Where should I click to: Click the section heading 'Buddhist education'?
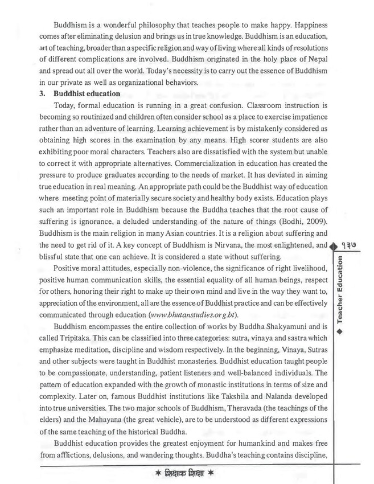coord(86,93)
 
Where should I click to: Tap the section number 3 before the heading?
coord(42,93)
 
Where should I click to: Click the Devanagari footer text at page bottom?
coord(188,474)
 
